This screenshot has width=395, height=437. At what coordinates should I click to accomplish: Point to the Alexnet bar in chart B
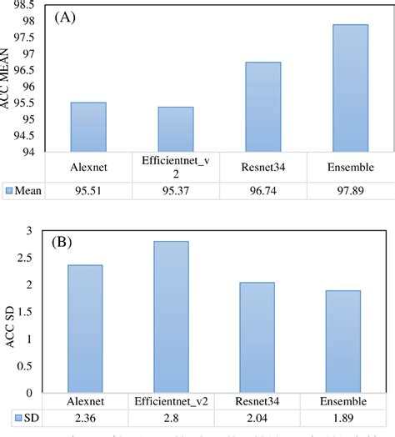point(88,329)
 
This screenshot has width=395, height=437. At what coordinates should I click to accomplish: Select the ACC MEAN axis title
point(8,79)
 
